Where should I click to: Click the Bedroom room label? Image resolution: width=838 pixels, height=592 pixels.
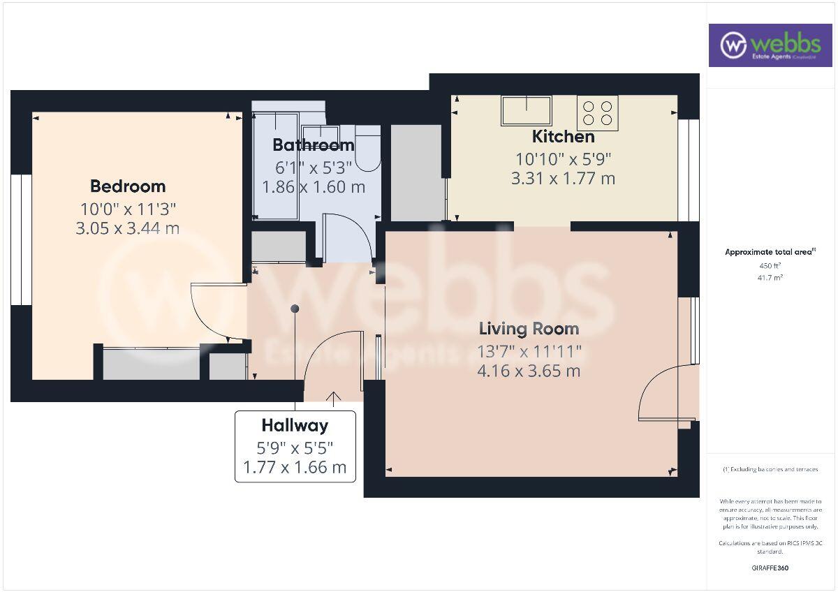point(128,186)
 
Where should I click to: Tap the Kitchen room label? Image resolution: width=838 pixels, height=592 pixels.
point(563,136)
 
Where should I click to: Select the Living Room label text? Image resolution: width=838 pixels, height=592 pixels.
point(529,328)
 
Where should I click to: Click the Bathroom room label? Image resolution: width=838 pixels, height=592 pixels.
point(313,145)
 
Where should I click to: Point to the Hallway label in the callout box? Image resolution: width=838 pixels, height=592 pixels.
point(295,424)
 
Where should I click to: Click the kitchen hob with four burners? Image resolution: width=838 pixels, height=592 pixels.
point(597,113)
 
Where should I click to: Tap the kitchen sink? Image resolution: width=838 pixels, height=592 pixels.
point(526,110)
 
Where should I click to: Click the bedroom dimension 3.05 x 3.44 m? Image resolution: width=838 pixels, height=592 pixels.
point(128,228)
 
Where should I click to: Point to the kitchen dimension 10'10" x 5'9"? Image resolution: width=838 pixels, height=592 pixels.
point(563,158)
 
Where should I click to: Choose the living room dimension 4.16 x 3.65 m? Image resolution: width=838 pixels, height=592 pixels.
point(529,370)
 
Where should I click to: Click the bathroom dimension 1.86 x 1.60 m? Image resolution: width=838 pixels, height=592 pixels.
point(313,187)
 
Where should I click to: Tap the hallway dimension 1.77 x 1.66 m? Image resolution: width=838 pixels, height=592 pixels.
point(295,467)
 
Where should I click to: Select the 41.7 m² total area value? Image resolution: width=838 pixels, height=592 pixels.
point(770,278)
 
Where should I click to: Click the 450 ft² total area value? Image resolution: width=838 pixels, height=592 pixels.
point(770,266)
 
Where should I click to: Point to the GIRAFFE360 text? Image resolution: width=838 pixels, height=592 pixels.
point(770,568)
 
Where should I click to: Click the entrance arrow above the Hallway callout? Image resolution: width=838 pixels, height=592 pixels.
point(334,399)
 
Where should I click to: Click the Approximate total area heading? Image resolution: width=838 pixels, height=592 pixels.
point(770,252)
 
